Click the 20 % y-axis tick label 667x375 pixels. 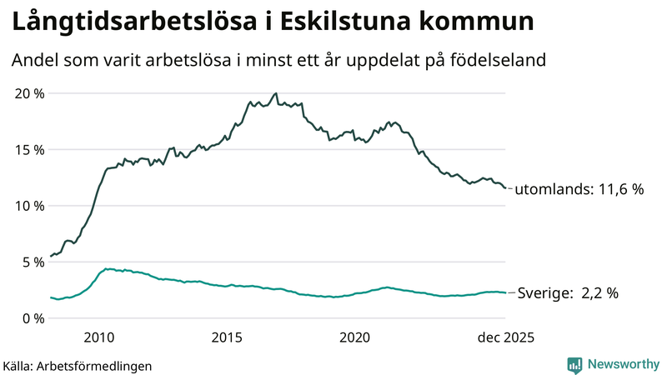[29, 93]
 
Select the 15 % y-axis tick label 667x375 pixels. [29, 149]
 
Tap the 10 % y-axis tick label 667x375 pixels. [29, 206]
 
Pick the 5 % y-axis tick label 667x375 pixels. [33, 262]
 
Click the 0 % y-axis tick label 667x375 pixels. [33, 318]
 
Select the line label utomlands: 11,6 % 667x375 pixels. [579, 189]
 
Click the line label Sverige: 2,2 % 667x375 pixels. [568, 293]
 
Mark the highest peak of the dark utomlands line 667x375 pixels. [276, 93]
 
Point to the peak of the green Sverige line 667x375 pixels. [106, 268]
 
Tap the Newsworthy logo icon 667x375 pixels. [574, 364]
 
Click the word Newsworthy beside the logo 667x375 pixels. [621, 364]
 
